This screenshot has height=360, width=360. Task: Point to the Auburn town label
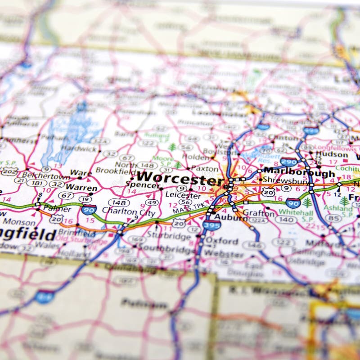click(230, 218)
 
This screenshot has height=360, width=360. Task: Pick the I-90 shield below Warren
click(89, 209)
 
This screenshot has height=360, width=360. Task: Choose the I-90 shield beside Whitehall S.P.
click(293, 202)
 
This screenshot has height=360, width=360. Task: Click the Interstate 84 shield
click(45, 297)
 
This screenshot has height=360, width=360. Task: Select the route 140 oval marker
click(286, 220)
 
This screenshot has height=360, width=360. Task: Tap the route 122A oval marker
click(258, 220)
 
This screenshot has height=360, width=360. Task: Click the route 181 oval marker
click(36, 183)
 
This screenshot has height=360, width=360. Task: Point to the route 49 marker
click(152, 202)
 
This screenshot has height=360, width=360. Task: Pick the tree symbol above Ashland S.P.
click(344, 201)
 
